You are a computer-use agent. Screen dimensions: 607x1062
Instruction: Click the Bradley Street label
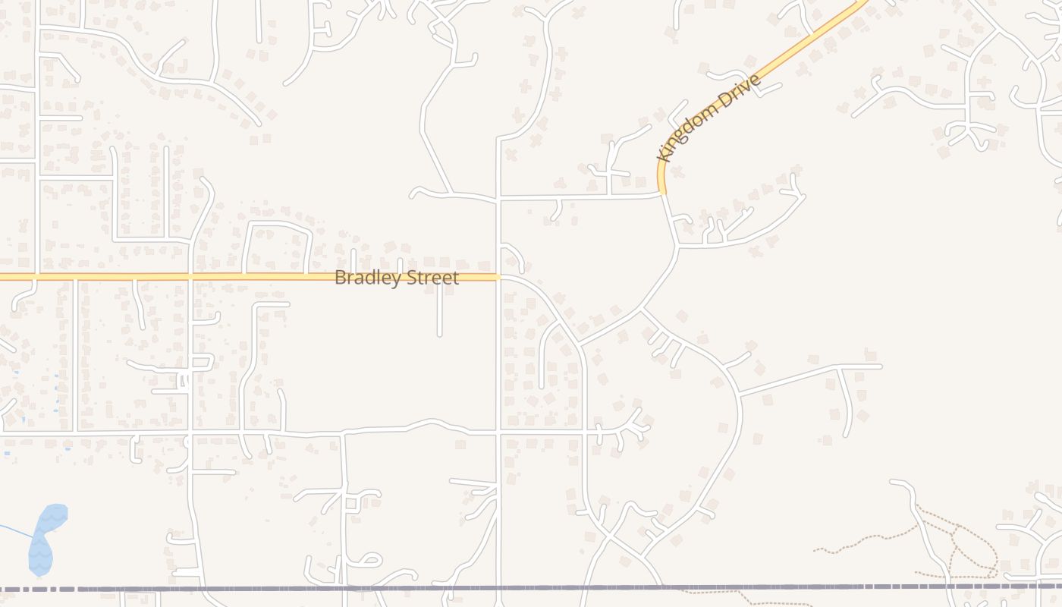[x=396, y=278]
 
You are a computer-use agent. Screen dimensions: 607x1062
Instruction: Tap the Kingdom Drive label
[x=709, y=117]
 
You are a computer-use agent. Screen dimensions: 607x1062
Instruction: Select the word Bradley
[x=369, y=278]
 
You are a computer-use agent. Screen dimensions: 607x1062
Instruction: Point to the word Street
[x=432, y=278]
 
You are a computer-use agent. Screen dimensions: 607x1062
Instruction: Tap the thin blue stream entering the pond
[x=15, y=529]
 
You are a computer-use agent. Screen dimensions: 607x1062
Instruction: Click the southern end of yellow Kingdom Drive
[x=662, y=193]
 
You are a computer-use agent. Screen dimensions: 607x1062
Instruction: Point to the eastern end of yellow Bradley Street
[x=498, y=277]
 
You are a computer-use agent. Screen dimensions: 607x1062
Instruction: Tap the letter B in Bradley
[x=340, y=278]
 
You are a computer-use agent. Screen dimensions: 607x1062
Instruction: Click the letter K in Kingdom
[x=668, y=154]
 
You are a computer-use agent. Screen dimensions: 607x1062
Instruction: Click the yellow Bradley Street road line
[x=152, y=277]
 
